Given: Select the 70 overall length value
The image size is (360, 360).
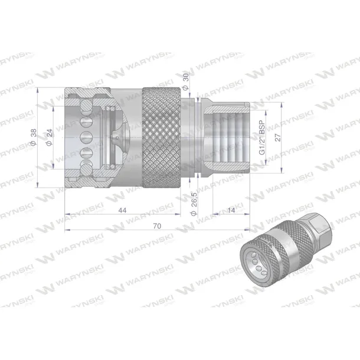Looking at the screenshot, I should click(157, 225).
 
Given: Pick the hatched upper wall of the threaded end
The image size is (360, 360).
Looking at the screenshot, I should click(227, 107).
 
